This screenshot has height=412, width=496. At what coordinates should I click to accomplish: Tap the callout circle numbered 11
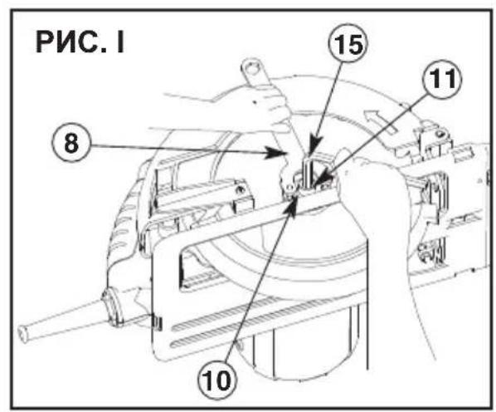(x=443, y=80)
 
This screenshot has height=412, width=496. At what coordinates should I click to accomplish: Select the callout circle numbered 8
(x=71, y=143)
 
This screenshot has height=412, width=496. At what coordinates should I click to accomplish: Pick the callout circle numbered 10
(x=218, y=380)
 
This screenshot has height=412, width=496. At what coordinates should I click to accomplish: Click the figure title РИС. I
(x=80, y=42)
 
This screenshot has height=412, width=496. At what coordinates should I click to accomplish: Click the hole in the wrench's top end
(x=252, y=68)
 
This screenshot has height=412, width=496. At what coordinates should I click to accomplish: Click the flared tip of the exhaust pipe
(x=23, y=333)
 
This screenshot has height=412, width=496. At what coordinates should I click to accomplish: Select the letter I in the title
(x=120, y=42)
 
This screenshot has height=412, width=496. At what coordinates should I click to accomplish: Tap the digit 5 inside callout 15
(x=355, y=44)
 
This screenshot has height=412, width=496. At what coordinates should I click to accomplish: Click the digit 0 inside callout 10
(x=225, y=380)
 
